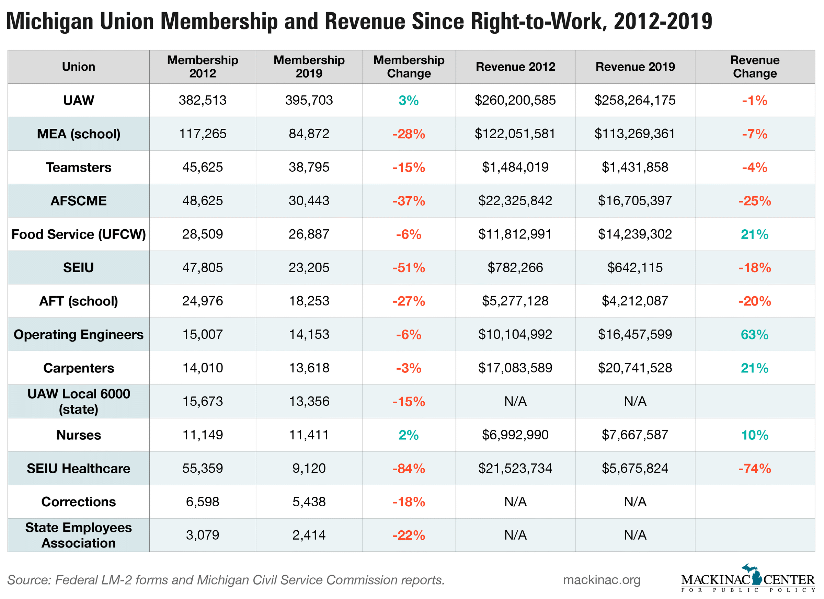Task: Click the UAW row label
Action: click(79, 100)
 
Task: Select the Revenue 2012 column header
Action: click(515, 67)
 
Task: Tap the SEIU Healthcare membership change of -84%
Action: click(409, 469)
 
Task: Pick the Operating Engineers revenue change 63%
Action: click(754, 335)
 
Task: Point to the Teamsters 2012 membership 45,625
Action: click(202, 167)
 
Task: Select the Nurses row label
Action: click(79, 435)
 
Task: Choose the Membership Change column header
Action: click(409, 67)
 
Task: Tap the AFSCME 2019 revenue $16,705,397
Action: click(635, 200)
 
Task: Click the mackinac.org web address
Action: click(601, 580)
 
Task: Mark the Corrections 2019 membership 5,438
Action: click(309, 502)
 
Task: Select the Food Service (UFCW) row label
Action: click(79, 234)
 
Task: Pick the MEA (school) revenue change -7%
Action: click(754, 134)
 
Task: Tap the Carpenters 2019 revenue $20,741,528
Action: click(635, 368)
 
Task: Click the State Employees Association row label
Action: click(79, 535)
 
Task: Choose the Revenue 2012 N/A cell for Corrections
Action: click(515, 502)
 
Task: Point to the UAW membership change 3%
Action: click(409, 101)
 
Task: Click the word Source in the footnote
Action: click(27, 580)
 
